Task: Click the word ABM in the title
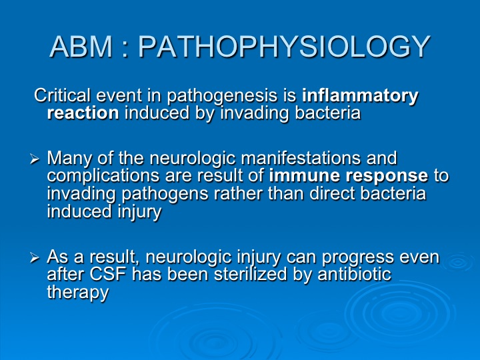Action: pyautogui.click(x=81, y=47)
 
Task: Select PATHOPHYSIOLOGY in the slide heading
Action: pyautogui.click(x=285, y=47)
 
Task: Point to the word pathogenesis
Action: pyautogui.click(x=222, y=97)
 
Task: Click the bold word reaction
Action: pyautogui.click(x=83, y=113)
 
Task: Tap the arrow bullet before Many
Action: pyautogui.click(x=35, y=159)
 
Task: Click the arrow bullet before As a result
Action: pyautogui.click(x=35, y=258)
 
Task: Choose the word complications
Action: pyautogui.click(x=103, y=177)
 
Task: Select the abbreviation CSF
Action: pyautogui.click(x=108, y=274)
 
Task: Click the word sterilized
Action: pyautogui.click(x=251, y=274)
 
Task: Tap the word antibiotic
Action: pyautogui.click(x=355, y=273)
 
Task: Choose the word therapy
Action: pyautogui.click(x=78, y=293)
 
